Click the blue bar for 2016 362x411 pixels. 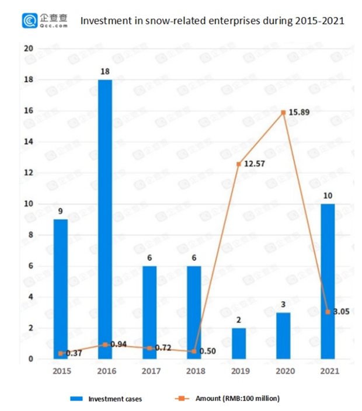pyautogui.click(x=105, y=219)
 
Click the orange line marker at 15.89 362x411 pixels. pyautogui.click(x=283, y=112)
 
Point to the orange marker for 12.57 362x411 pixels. pyautogui.click(x=239, y=164)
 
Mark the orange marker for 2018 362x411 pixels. pyautogui.click(x=194, y=351)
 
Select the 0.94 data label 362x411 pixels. pyautogui.click(x=120, y=344)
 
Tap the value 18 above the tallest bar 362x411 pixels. pyautogui.click(x=105, y=71)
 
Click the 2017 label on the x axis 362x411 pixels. pyautogui.click(x=149, y=370)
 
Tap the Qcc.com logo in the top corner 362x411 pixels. pyautogui.click(x=46, y=21)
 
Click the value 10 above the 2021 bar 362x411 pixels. pyautogui.click(x=328, y=196)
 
